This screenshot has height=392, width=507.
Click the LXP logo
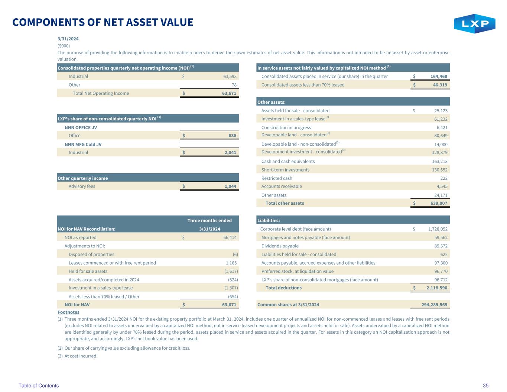(x=474, y=24)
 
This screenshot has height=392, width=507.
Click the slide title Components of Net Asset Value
(x=103, y=22)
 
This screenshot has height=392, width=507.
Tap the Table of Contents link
(x=39, y=386)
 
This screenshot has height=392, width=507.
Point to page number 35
(x=485, y=386)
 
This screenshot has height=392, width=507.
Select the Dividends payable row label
(x=280, y=246)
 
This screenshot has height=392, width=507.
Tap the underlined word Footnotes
(x=68, y=312)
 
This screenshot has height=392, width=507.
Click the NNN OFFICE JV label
(x=81, y=127)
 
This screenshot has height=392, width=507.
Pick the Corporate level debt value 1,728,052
(x=435, y=229)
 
